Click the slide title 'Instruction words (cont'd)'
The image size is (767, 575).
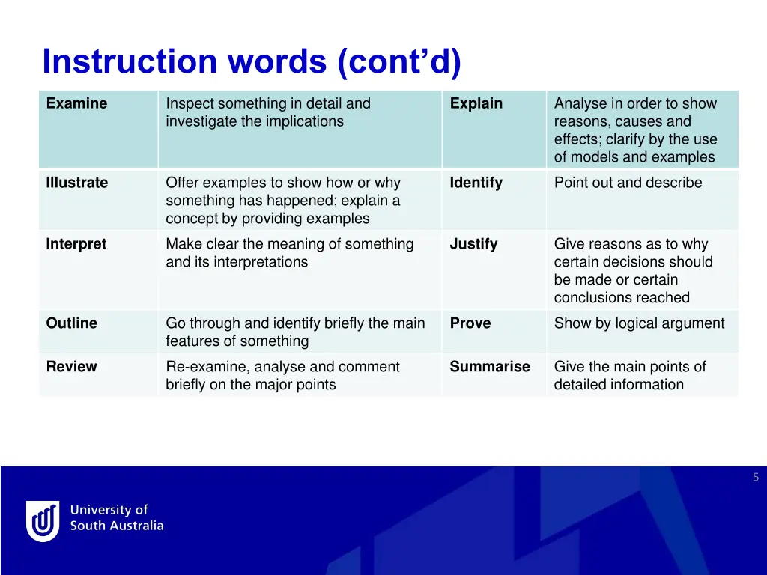pyautogui.click(x=252, y=62)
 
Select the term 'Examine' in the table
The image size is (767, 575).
pyautogui.click(x=76, y=103)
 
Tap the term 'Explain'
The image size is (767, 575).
pyautogui.click(x=476, y=103)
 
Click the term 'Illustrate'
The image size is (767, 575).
pyautogui.click(x=76, y=183)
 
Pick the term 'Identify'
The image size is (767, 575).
pyautogui.click(x=476, y=183)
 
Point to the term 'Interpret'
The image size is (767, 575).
pyautogui.click(x=76, y=244)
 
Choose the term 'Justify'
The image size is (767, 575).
pyautogui.click(x=473, y=244)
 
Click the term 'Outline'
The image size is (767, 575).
pyautogui.click(x=71, y=323)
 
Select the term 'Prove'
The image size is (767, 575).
pyautogui.click(x=470, y=323)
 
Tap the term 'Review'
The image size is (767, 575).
pyautogui.click(x=71, y=367)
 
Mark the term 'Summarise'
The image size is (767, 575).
pyautogui.click(x=489, y=367)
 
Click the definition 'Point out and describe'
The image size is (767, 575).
pyautogui.click(x=628, y=183)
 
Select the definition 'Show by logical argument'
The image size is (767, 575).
pyautogui.click(x=639, y=323)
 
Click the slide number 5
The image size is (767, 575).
pyautogui.click(x=756, y=477)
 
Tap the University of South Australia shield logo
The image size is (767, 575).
pyautogui.click(x=43, y=520)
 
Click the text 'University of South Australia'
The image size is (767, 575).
pyautogui.click(x=116, y=518)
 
